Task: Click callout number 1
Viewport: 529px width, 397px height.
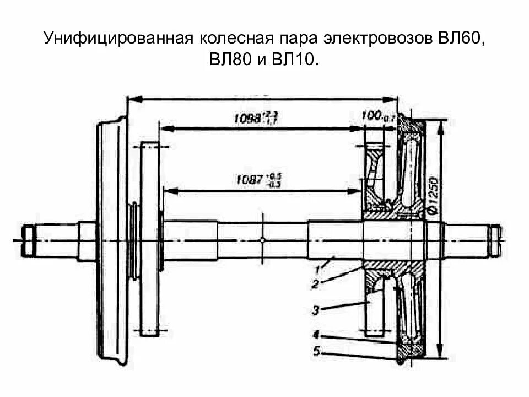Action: point(319,269)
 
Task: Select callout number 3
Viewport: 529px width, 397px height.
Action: point(315,310)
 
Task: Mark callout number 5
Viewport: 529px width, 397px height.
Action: point(315,350)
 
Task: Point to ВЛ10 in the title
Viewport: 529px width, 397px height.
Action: point(294,61)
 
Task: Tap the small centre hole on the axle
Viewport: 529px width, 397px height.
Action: point(263,240)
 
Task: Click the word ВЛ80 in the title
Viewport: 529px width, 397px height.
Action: point(229,61)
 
